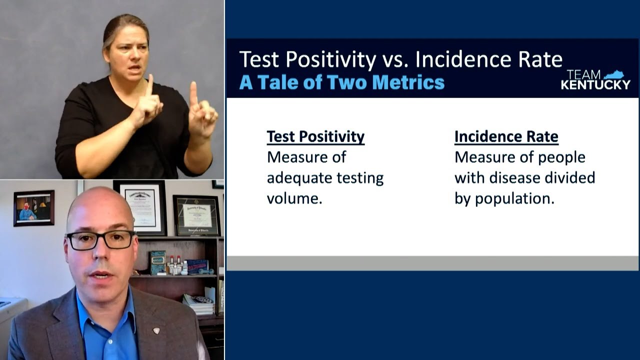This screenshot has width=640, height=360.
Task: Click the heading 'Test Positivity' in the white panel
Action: point(315,136)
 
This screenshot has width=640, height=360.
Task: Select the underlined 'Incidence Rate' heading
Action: point(506,136)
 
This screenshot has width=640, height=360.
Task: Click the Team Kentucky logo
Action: point(595,80)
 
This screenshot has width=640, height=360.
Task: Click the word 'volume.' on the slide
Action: point(294,198)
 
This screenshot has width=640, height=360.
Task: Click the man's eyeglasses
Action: point(100,240)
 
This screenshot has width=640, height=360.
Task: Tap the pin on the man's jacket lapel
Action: point(156,330)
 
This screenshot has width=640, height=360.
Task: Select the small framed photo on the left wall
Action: point(33,208)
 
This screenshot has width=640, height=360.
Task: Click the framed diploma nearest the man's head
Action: point(140,207)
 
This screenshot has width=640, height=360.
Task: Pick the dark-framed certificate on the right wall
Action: point(196,215)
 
